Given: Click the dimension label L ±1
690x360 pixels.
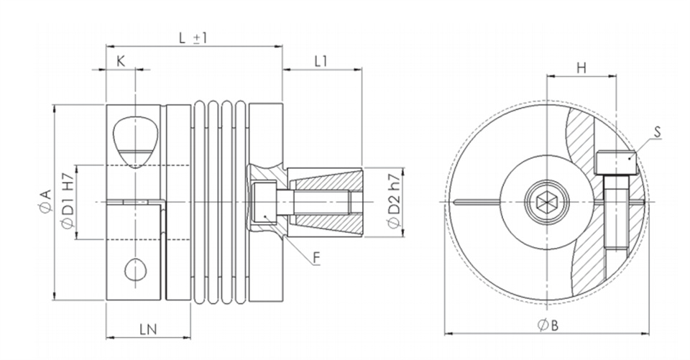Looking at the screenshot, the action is pos(193,38).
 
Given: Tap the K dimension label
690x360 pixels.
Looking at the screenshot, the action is pos(121,61).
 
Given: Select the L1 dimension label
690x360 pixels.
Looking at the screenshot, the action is pos(321,61).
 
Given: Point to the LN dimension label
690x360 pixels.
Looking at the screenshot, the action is pos(148,329).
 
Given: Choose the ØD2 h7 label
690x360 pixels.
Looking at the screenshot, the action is pos(394,201).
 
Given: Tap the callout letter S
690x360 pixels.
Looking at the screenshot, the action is pos(658,131).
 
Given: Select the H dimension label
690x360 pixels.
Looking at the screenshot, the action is pos(581,68).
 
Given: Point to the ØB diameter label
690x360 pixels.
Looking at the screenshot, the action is pos(548,326).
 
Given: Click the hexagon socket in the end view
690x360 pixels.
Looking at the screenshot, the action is pos(546,202).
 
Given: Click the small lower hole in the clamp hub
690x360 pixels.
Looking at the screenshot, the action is pos(135,269).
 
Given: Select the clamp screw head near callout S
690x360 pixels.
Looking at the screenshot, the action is pos(616,162).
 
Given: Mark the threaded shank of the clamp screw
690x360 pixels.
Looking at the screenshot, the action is pos(616,212).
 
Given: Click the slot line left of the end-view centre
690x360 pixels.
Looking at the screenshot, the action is pos(477,202).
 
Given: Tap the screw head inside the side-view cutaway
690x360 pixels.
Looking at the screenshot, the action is pos(264,203).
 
